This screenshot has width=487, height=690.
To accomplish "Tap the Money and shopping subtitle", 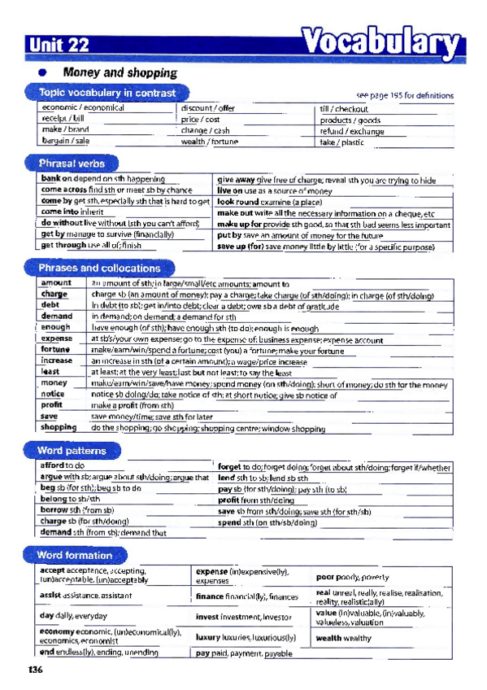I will coord(120,72).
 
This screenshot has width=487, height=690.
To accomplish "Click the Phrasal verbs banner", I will coord(72,162).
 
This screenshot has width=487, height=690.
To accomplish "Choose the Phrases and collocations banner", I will coord(98,267).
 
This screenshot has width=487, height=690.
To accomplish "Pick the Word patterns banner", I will coord(71,450).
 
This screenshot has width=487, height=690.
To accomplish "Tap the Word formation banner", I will coord(74,555).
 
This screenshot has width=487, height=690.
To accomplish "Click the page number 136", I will coord(34,670).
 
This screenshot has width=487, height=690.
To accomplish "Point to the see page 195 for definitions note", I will coord(404,96).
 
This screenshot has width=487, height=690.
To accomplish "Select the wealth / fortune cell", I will coord(209,141).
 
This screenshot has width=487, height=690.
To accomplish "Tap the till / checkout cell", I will coord(344,108).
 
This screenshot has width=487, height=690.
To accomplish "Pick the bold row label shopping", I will coord(59,426).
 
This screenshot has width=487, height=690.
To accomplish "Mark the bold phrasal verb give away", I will coord(236,180).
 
